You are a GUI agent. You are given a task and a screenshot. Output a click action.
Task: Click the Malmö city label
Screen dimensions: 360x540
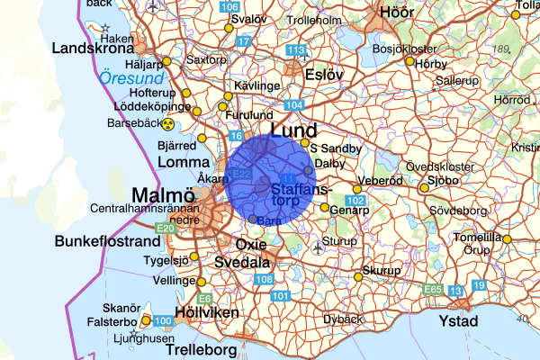[163, 195]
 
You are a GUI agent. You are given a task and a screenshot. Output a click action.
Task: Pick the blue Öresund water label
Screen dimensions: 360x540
[131, 79]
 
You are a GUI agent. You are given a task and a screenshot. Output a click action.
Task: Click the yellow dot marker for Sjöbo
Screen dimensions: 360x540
[424, 188]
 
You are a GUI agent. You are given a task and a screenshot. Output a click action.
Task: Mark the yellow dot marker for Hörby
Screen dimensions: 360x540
[409, 62]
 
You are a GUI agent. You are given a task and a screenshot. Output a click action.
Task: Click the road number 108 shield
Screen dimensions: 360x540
[264, 281]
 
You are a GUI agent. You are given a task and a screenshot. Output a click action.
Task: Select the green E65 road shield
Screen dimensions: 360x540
[433, 290]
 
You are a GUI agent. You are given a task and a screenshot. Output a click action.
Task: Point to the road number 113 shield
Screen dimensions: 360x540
[296, 49]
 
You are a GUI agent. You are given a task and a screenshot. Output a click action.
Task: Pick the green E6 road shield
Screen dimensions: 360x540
[205, 298]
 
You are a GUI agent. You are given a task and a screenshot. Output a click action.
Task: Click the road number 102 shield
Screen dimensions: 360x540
[355, 200]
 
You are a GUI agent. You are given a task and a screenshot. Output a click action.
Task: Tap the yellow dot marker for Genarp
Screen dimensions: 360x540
[324, 208]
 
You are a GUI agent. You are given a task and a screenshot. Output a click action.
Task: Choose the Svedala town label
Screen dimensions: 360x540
[241, 263]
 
